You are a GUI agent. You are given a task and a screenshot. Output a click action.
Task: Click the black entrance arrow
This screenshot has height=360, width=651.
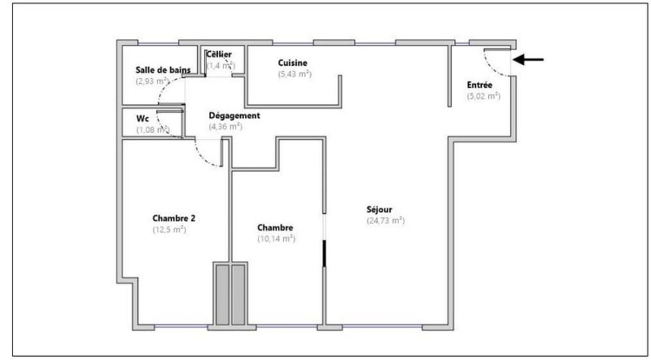point(528,60)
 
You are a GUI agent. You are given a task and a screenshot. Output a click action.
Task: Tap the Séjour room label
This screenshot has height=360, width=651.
point(379,210)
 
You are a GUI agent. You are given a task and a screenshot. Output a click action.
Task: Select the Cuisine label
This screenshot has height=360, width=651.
point(293,63)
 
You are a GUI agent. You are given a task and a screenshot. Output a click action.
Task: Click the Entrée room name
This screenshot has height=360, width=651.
point(480,85)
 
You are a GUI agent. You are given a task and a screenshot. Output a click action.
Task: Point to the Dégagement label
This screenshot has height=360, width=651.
point(234,116)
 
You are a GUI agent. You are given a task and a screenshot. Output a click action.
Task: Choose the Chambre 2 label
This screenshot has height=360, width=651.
point(174,218)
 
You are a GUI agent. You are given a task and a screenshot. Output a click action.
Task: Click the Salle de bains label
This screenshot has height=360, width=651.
point(163,70)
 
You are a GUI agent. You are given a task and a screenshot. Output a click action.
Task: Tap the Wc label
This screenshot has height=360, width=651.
point(143,118)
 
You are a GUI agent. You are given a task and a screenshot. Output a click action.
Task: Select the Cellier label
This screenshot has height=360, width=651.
point(219,55)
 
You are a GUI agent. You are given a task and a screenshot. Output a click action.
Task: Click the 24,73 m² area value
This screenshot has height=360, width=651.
point(385,221)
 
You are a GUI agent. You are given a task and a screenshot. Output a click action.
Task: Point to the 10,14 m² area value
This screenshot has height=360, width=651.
point(276,239)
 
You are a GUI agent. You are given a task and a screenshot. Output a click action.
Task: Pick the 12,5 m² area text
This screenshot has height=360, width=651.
point(169,230)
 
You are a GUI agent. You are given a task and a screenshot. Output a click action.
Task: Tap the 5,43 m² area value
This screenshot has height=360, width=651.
point(295,74)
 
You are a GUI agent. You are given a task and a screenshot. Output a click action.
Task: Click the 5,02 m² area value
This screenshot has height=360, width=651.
point(484,96)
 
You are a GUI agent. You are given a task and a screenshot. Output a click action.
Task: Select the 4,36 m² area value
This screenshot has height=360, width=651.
point(225,127)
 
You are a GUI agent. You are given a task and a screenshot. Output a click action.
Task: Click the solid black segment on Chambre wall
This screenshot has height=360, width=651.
point(324,253)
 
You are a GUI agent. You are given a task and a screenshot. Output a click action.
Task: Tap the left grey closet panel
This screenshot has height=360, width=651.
point(223,295)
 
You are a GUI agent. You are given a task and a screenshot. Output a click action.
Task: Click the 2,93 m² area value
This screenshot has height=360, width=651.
point(152,81)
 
